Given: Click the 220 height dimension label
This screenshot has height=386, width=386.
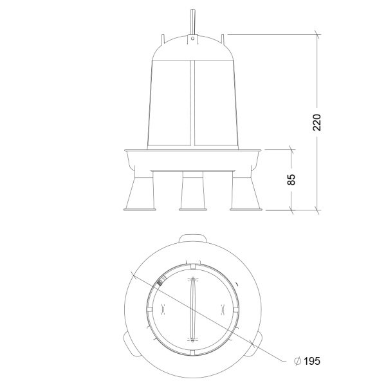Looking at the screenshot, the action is [x=317, y=122].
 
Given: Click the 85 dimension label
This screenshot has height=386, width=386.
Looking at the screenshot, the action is [x=291, y=179].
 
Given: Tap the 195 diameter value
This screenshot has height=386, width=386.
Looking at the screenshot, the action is [x=312, y=361].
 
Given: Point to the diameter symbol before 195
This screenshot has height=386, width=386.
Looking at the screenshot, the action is [x=298, y=361].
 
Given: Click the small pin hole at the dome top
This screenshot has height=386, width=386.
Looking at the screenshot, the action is [x=193, y=38].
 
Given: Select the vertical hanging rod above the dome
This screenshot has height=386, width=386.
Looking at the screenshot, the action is [x=193, y=22].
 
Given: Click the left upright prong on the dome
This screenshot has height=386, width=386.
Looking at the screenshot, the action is [x=163, y=39].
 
